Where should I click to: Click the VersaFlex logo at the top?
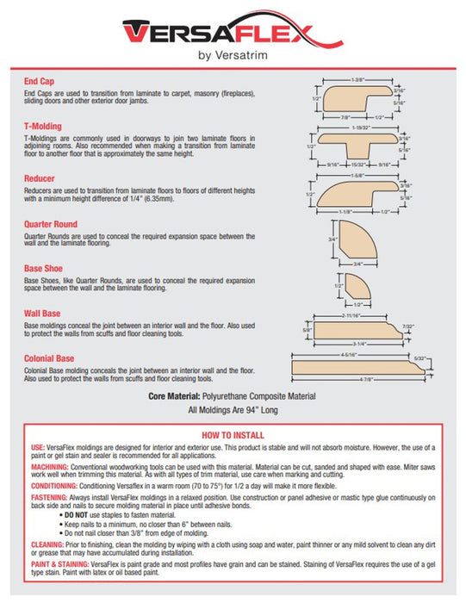(233, 32)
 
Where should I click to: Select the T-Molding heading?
(43, 126)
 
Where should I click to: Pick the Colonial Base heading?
(50, 358)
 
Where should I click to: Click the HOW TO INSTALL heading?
(233, 434)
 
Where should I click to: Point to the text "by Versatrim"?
(233, 56)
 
